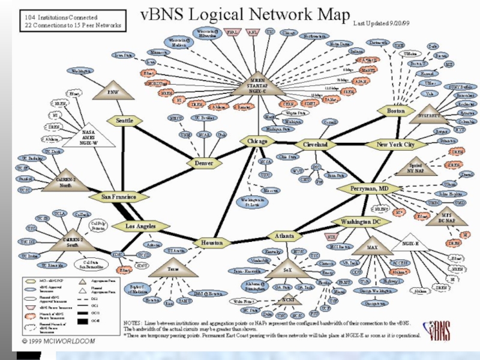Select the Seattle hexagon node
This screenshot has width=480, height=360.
tap(124, 121)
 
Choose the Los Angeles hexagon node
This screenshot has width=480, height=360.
tap(141, 227)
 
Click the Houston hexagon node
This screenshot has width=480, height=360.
tap(211, 243)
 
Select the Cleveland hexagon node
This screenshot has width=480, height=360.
tap(315, 145)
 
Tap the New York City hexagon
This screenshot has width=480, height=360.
tap(395, 145)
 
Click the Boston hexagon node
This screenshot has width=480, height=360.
tap(396, 112)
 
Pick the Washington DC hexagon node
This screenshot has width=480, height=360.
tap(361, 223)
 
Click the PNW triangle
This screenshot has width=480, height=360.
tap(113, 91)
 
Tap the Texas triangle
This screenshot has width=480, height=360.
tap(173, 268)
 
